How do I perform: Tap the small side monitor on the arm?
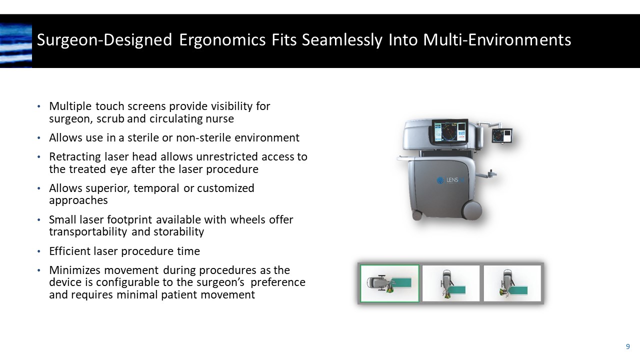(501, 135)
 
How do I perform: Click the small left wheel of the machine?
(416, 215)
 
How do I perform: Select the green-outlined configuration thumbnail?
(390, 283)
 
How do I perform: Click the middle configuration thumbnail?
(451, 283)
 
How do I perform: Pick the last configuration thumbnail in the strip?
(512, 283)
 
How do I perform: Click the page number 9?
(627, 346)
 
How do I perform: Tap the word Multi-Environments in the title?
(497, 40)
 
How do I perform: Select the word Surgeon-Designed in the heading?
(104, 40)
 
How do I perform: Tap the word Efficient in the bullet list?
(70, 251)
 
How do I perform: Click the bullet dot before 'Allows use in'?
(39, 138)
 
